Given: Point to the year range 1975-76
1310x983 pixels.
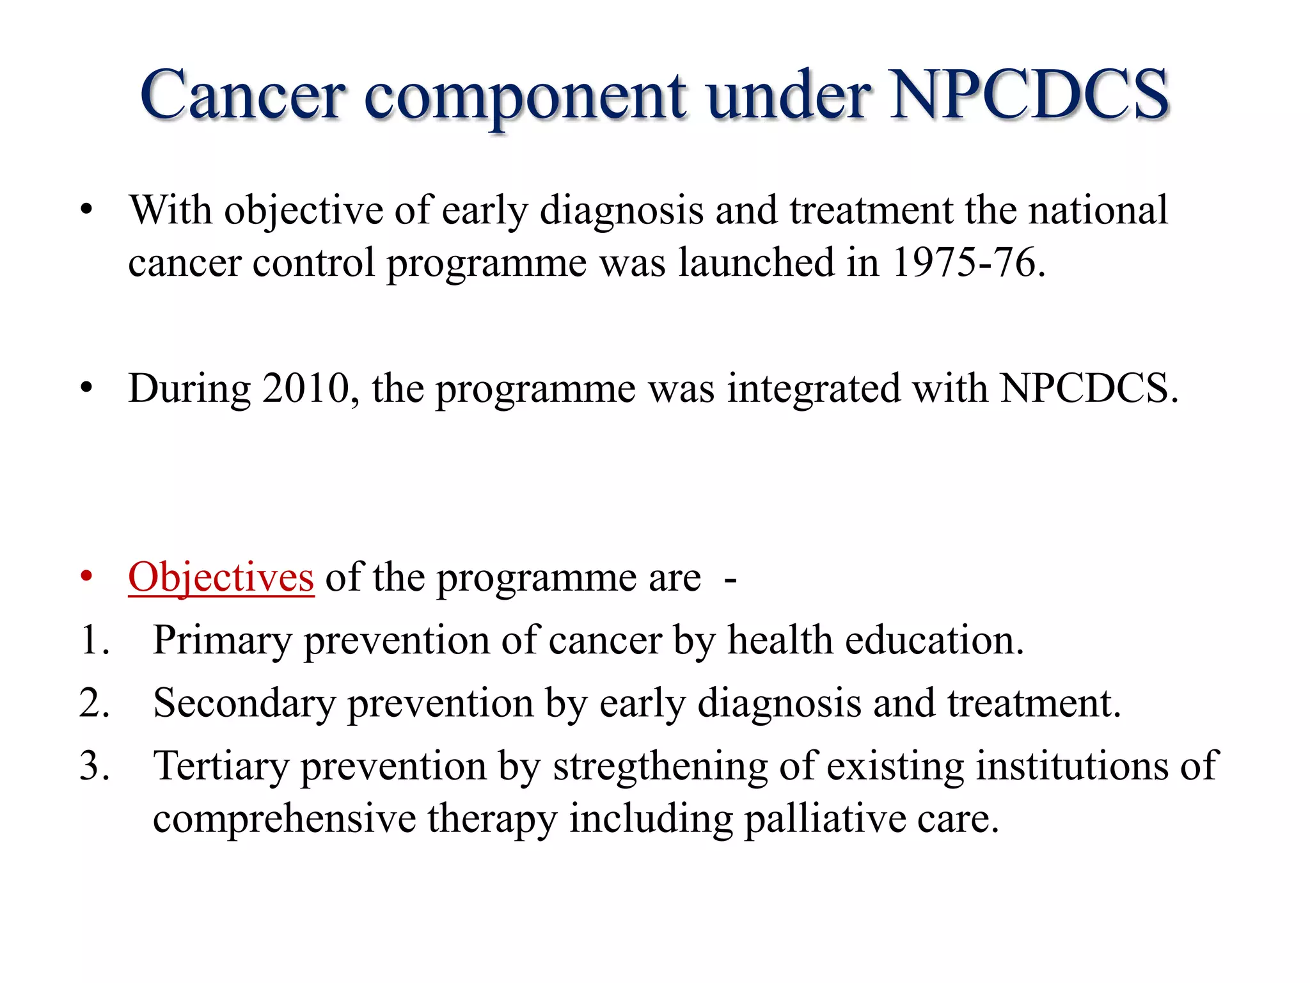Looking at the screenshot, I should (963, 262).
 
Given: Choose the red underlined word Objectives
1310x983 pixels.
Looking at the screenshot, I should (221, 578).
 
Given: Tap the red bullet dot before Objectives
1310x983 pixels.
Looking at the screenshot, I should (87, 578).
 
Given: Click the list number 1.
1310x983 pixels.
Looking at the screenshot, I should (93, 641).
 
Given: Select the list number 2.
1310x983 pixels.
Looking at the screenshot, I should (93, 703).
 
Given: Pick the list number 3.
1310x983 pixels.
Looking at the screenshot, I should (93, 766).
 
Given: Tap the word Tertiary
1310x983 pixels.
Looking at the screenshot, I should (221, 766).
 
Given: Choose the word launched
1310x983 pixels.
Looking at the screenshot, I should (756, 262).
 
